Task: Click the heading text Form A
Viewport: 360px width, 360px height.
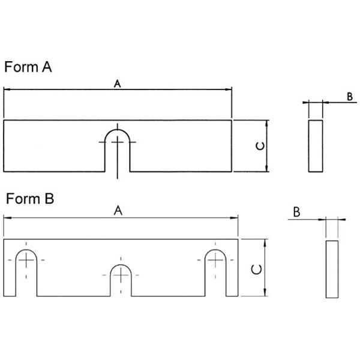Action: [28, 67]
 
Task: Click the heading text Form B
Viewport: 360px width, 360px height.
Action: [30, 199]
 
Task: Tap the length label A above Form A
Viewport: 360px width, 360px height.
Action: [118, 84]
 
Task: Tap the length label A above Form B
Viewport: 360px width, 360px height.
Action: [118, 211]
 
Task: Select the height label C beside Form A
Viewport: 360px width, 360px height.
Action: [260, 146]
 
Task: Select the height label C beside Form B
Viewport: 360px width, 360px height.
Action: [256, 269]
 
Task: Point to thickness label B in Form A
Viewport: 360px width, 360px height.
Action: [350, 97]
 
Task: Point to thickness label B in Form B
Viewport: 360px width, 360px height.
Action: [296, 212]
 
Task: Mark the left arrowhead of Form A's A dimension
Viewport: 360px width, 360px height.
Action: [7, 89]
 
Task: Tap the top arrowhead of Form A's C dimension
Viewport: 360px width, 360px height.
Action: [266, 124]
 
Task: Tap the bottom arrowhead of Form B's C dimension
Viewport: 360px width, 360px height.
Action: [265, 292]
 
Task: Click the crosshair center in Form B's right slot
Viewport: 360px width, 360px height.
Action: [215, 260]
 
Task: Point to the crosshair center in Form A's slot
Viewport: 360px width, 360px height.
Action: [118, 142]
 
